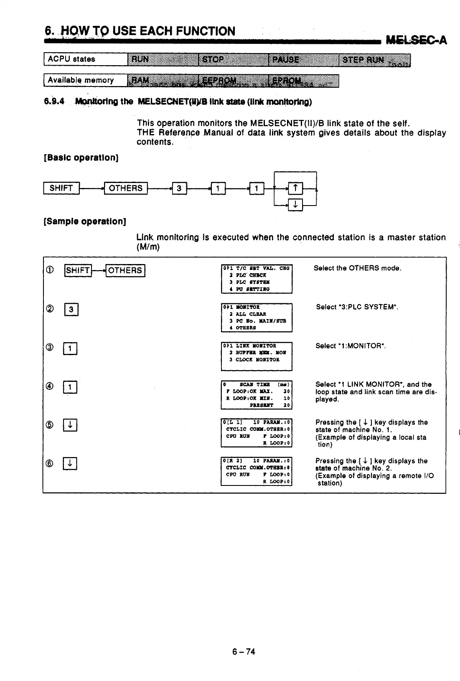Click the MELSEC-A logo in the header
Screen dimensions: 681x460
coord(417,40)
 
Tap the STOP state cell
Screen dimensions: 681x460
coord(234,59)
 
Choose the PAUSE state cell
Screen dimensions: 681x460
coord(304,59)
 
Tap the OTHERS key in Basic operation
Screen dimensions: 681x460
coord(125,188)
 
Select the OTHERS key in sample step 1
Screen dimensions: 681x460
coord(125,271)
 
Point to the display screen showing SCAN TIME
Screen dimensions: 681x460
coord(257,394)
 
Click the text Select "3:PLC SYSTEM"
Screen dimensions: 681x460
coord(357,307)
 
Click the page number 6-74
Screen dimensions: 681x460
coord(244,652)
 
